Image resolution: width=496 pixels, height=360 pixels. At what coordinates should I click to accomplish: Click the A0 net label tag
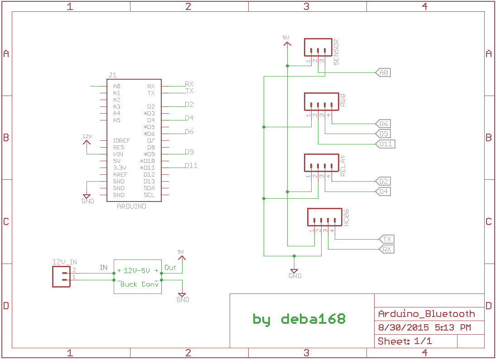pos(383,72)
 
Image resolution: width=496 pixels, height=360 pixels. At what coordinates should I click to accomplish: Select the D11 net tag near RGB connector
pos(386,144)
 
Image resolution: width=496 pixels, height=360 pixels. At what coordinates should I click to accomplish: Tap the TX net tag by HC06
pos(386,239)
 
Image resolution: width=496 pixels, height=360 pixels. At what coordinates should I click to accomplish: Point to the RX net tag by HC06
pos(386,249)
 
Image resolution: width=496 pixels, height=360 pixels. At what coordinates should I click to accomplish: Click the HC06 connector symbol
pos(324,217)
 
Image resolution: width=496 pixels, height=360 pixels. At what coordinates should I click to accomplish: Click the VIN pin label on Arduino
pos(118,154)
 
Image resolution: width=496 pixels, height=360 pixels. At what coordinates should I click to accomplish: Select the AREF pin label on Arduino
pos(120,175)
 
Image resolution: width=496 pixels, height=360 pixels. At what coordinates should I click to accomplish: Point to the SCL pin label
pos(149,195)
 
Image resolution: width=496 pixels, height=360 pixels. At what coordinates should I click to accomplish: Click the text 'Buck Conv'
pos(140,284)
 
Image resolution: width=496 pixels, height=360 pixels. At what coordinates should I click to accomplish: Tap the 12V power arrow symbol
pos(87,142)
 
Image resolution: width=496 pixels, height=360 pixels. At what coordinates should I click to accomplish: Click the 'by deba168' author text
pos(299,319)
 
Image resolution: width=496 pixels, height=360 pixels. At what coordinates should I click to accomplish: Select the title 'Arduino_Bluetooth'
pos(426,314)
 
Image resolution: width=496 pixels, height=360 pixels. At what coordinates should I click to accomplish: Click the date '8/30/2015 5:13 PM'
pos(424,327)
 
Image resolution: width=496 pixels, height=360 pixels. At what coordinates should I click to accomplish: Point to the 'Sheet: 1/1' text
pos(405,341)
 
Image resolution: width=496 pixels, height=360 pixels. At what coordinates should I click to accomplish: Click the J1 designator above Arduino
pos(112,75)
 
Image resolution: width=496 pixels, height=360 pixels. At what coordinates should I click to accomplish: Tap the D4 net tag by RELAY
pos(384,192)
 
